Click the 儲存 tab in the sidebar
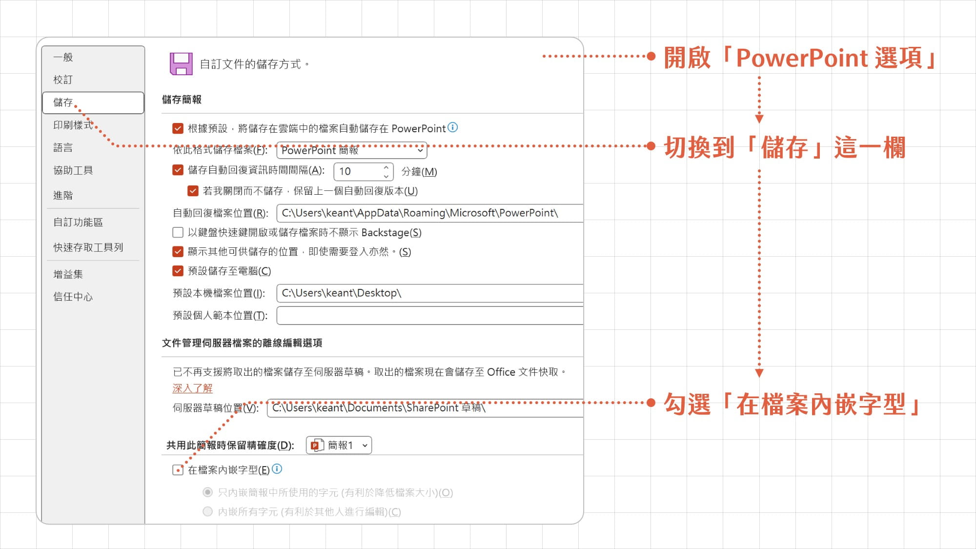click(x=93, y=102)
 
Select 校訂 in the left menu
click(x=63, y=80)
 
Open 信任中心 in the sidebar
click(x=73, y=297)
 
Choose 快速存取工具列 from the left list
click(x=88, y=247)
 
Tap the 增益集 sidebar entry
click(x=68, y=274)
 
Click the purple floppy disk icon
click(x=181, y=63)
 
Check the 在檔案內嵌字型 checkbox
click(x=178, y=470)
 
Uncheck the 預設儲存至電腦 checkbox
click(x=178, y=271)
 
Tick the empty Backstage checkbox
click(x=178, y=232)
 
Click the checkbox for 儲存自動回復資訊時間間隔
click(x=178, y=170)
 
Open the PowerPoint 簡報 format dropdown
click(x=352, y=150)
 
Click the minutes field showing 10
click(x=364, y=171)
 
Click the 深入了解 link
click(x=192, y=388)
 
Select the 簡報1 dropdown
click(x=339, y=445)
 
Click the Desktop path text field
click(x=430, y=293)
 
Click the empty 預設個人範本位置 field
click(x=430, y=315)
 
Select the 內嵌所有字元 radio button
click(x=208, y=511)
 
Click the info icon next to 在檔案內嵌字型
click(x=277, y=469)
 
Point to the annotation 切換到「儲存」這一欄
click(x=785, y=147)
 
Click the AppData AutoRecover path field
click(x=430, y=213)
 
